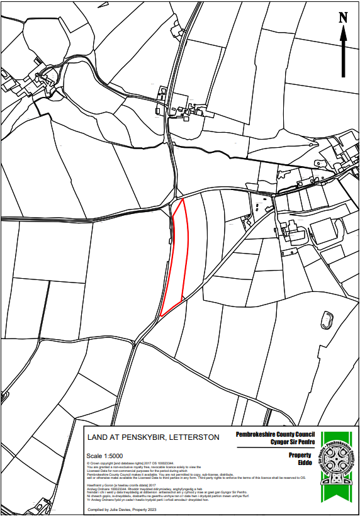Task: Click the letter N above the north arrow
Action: (x=344, y=17)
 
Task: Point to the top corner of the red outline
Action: (x=183, y=199)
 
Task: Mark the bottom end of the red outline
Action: (x=162, y=315)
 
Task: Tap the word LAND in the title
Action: (x=99, y=437)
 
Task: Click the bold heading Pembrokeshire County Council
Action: (x=274, y=434)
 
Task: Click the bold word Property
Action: (x=300, y=455)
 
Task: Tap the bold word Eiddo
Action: (x=305, y=463)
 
